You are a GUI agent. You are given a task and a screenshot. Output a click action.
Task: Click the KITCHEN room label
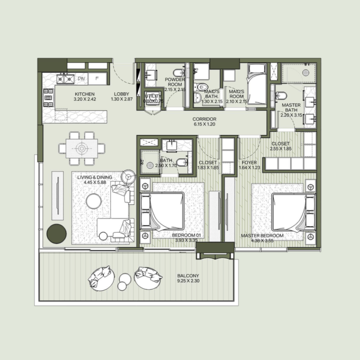pyautogui.click(x=85, y=94)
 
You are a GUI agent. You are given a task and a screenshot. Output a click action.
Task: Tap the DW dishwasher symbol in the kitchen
pyautogui.click(x=81, y=79)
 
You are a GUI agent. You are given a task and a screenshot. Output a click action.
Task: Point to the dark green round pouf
pyautogui.click(x=57, y=233)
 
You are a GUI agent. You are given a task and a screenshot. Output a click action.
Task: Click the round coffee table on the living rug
pyautogui.click(x=94, y=201)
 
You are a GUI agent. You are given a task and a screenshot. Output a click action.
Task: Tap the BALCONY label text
pyautogui.click(x=188, y=275)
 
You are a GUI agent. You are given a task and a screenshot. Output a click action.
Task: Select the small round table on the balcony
pyautogui.click(x=122, y=285)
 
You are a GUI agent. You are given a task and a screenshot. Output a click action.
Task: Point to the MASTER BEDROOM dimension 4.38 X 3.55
pyautogui.click(x=262, y=241)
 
